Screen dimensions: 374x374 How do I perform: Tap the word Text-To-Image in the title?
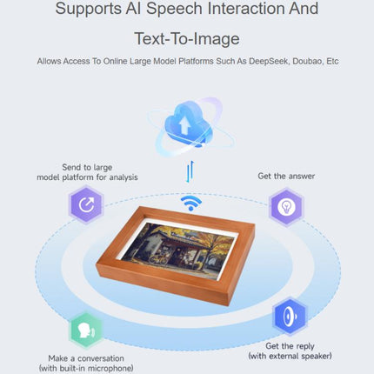click(x=187, y=38)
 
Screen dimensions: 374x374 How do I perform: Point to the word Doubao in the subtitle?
click(x=308, y=62)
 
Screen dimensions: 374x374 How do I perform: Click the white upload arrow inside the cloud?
click(x=184, y=125)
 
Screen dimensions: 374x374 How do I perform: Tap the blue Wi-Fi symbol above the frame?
click(x=191, y=203)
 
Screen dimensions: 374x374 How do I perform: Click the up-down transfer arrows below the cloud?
click(x=190, y=171)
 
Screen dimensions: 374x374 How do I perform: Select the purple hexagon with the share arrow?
click(x=86, y=205)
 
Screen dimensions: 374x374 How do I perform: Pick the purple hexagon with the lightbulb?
click(x=286, y=207)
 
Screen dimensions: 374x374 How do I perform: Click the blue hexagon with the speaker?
click(x=290, y=316)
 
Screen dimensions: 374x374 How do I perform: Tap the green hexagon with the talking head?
click(x=86, y=331)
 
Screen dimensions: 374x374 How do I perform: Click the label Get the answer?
click(x=286, y=176)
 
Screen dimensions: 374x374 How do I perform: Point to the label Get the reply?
click(x=290, y=346)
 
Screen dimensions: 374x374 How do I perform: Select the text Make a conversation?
click(x=86, y=358)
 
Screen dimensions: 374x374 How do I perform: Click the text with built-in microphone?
click(x=86, y=369)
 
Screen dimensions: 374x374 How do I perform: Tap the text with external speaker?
click(x=290, y=356)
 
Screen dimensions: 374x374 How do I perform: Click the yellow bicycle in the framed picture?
click(x=158, y=258)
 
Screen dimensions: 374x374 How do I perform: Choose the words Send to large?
click(x=87, y=167)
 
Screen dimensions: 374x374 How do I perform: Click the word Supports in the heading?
click(x=89, y=10)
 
